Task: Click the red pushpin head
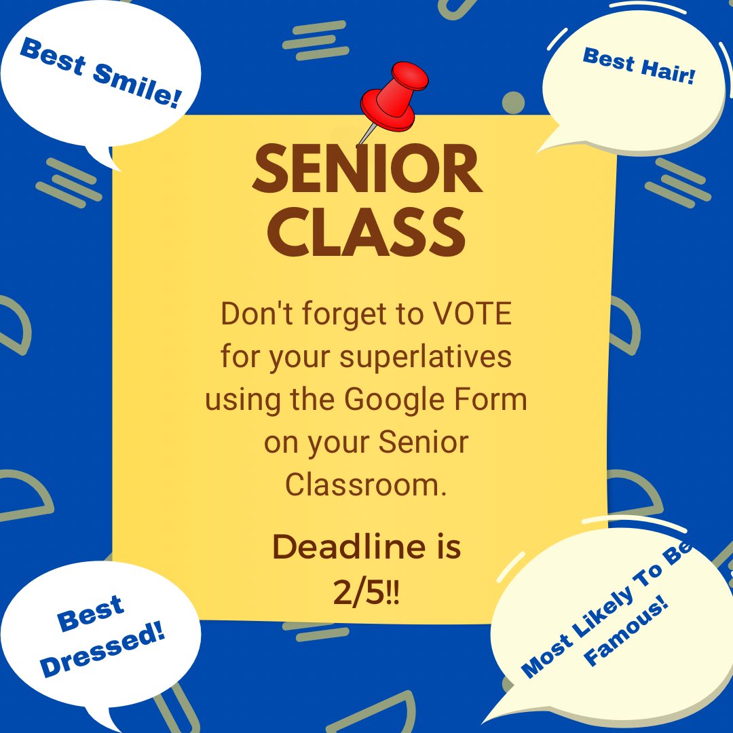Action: pos(394,95)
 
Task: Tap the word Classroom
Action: pos(366,485)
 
